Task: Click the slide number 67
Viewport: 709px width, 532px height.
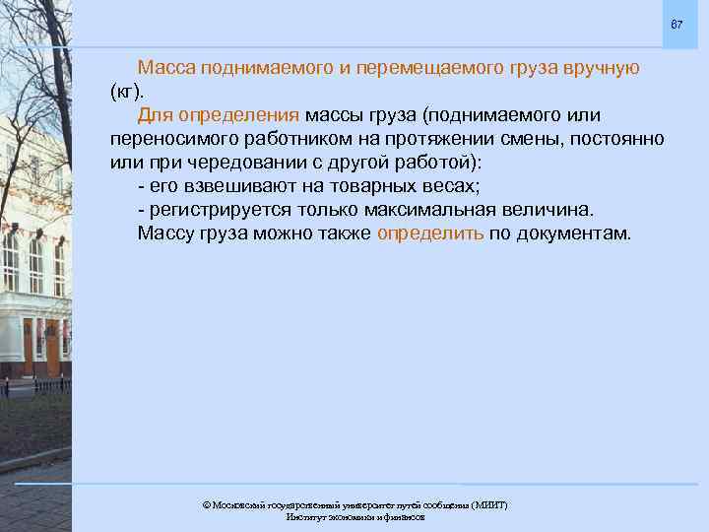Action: (x=676, y=24)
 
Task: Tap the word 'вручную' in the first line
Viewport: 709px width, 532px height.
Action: (x=601, y=68)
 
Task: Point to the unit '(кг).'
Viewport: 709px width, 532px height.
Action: (x=127, y=92)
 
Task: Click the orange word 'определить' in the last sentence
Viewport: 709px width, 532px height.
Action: (x=430, y=233)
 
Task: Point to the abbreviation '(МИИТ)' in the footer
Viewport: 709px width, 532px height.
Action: (x=485, y=504)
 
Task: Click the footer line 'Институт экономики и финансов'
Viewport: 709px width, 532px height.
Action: (x=355, y=516)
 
